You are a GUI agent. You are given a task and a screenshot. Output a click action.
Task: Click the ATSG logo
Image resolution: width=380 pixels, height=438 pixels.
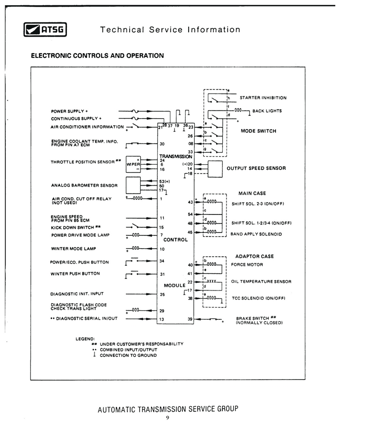pos(45,29)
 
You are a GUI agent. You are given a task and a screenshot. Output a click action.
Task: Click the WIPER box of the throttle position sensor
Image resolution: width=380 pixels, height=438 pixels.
pos(133,164)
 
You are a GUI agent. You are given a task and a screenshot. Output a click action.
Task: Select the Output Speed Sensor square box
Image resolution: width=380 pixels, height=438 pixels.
pos(215,169)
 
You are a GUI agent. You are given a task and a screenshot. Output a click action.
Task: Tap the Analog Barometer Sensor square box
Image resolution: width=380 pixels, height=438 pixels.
pos(133,185)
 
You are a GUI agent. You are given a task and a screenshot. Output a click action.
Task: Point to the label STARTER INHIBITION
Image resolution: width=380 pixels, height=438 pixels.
pos(263,98)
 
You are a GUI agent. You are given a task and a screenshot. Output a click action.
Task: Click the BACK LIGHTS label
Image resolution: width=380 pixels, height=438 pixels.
pos(267,111)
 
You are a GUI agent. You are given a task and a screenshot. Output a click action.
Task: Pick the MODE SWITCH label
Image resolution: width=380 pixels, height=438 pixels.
pos(258,131)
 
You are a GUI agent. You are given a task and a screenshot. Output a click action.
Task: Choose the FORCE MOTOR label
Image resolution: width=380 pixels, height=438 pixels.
pos(247,264)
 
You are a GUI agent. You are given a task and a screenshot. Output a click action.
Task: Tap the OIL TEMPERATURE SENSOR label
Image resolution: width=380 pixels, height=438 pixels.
pos(261,281)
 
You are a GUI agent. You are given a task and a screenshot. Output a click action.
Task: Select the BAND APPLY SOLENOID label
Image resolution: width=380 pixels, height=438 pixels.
pos(256,234)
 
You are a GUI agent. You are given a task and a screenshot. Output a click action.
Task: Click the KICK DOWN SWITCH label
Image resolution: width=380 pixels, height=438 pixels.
pos(72,228)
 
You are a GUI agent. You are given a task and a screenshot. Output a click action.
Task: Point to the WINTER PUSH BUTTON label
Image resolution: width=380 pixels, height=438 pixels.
pos(75,274)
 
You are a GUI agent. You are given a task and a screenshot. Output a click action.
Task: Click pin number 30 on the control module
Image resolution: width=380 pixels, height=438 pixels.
pos(162,144)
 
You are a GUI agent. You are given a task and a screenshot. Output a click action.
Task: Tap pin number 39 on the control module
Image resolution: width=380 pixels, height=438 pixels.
pos(190,319)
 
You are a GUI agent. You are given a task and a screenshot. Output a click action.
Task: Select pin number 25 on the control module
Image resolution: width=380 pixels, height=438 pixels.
pos(162,294)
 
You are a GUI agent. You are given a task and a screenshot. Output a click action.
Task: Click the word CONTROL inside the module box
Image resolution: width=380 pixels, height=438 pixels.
pos(176,240)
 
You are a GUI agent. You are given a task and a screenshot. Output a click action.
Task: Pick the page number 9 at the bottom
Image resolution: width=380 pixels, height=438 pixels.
pos(168,418)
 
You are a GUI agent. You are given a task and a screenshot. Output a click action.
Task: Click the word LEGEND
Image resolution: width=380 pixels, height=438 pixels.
pos(85,339)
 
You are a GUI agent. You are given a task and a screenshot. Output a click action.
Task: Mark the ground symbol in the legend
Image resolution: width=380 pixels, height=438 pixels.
pos(95,354)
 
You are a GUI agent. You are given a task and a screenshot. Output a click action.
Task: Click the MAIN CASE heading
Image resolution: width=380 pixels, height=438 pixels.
pos(252,193)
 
